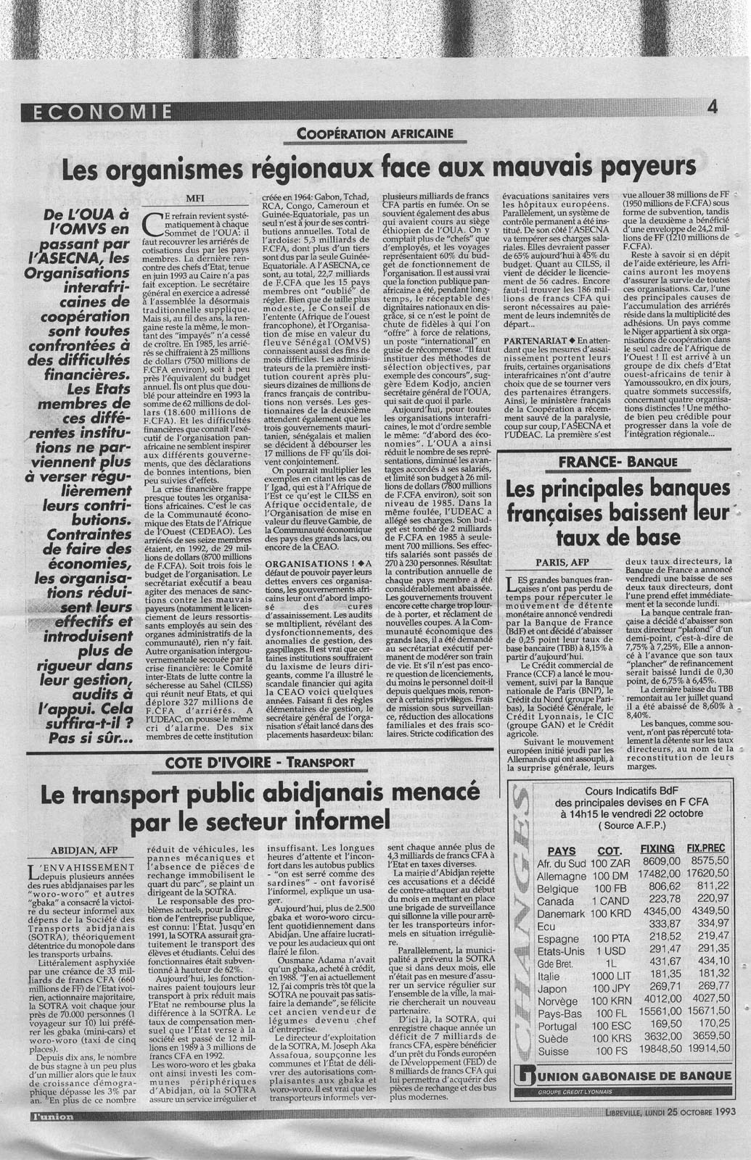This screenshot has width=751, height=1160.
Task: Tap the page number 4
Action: [x=712, y=107]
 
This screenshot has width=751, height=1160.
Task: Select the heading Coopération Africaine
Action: [x=375, y=133]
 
